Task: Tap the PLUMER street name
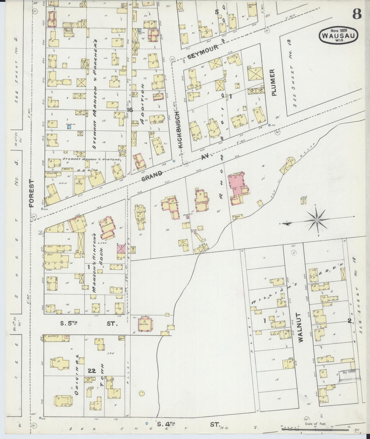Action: point(274,82)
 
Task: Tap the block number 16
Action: point(130,110)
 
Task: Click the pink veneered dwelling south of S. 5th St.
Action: point(145,324)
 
